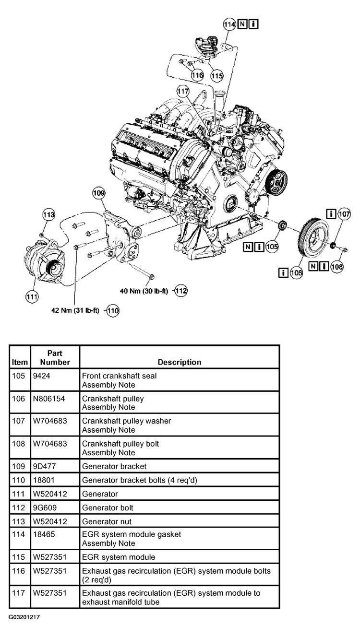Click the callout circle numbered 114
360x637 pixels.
229,24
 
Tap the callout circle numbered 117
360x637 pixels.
183,91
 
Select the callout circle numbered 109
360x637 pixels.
99,193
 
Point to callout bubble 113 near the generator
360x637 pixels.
48,214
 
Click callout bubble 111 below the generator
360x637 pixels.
32,297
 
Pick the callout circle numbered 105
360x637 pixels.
272,247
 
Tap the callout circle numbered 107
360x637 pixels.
344,214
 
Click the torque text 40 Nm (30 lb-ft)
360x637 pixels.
144,291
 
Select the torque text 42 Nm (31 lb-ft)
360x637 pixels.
75,310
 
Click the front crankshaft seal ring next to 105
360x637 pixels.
283,225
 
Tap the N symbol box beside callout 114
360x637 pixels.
242,24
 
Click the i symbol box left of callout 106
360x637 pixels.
283,273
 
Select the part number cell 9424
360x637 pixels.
42,376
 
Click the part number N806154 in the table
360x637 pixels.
49,399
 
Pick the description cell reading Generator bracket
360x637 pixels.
114,466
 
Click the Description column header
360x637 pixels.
180,362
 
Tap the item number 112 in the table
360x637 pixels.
19,508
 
